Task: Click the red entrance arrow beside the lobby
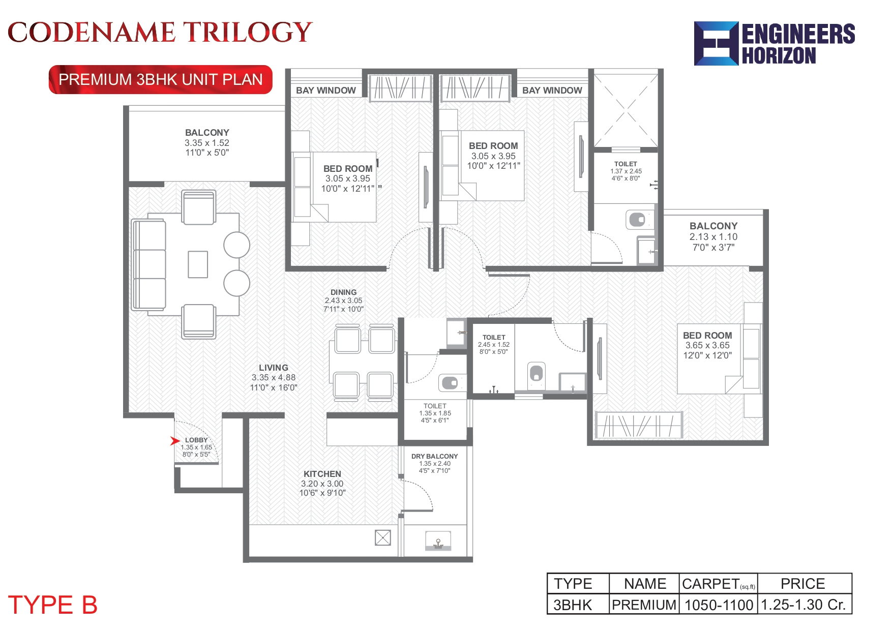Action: click(x=175, y=441)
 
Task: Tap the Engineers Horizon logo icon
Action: click(x=716, y=44)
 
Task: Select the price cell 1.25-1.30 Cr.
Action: click(x=804, y=605)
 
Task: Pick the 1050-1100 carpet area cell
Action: click(x=719, y=605)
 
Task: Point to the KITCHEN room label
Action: click(x=322, y=474)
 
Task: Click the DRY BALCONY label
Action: click(x=434, y=456)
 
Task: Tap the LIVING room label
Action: click(x=273, y=368)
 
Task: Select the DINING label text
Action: click(x=343, y=292)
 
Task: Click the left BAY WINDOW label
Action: click(x=325, y=91)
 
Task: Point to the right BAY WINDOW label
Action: click(x=552, y=91)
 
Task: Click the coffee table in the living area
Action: click(x=198, y=264)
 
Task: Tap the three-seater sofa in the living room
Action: click(x=149, y=264)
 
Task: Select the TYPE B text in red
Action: click(x=52, y=605)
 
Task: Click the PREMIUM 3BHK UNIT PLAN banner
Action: click(x=160, y=80)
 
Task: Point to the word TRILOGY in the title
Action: click(x=248, y=33)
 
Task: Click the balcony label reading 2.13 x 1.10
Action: click(x=713, y=236)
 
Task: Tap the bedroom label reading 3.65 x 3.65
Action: click(x=707, y=345)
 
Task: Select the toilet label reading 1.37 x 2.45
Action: click(x=626, y=171)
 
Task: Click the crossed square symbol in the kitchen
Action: click(x=382, y=537)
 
